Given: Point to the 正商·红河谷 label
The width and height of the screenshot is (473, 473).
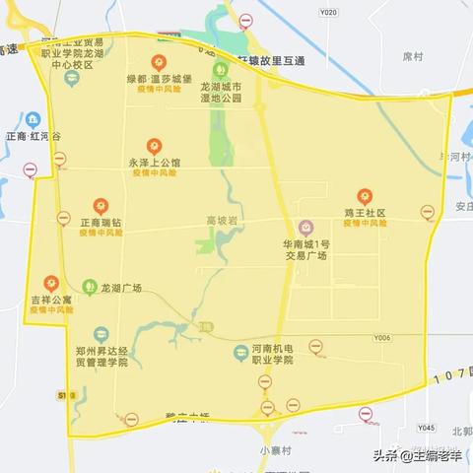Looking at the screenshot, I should coord(32,136).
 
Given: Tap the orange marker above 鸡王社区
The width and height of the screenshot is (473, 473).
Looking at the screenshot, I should coord(365,194).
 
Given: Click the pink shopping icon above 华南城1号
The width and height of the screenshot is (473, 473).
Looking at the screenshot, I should coord(306,227).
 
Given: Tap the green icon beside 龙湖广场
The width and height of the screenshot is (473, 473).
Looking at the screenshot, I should coord(90,287).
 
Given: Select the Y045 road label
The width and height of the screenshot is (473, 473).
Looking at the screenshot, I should coord(425,428).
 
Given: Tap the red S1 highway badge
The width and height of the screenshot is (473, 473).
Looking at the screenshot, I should coord(60,394).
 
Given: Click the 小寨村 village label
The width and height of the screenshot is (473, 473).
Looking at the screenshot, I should coord(276,450).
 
